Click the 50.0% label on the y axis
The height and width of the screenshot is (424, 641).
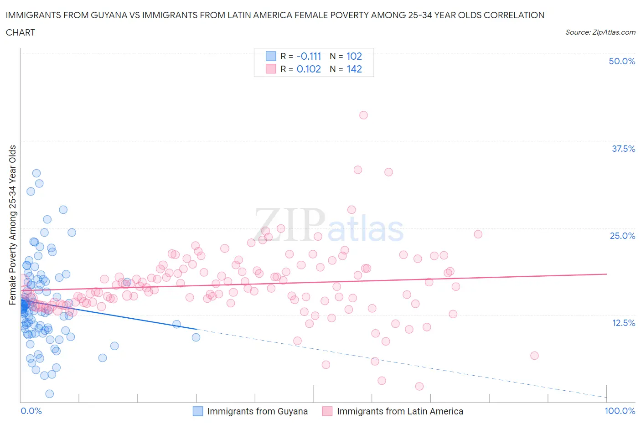coord(622,61)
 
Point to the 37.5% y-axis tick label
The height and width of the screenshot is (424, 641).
coord(623,149)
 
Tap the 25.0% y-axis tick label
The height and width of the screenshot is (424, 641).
coord(622,236)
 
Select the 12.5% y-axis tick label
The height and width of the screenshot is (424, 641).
coord(623,323)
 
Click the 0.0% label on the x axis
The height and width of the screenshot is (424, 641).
coord(31,411)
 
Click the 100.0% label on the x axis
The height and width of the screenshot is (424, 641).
coord(620,411)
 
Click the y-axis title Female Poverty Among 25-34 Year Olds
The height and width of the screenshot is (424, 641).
coord(12,225)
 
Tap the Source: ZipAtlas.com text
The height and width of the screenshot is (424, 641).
coord(600,32)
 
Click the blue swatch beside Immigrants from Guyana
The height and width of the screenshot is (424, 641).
coord(198,411)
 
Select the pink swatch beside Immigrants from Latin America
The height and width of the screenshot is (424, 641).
coord(327,411)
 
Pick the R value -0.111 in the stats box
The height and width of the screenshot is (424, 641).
coord(309,56)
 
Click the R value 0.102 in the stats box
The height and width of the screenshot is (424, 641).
coord(309,69)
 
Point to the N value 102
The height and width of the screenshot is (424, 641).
coord(354,56)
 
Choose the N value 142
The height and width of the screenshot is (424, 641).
coord(354,69)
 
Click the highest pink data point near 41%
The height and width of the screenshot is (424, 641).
coord(363,115)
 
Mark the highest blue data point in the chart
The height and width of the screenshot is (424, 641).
coord(36,173)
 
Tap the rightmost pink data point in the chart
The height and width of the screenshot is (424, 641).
coord(534,356)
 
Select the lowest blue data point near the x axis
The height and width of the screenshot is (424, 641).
coord(50,394)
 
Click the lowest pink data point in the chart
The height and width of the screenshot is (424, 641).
coord(419,387)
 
